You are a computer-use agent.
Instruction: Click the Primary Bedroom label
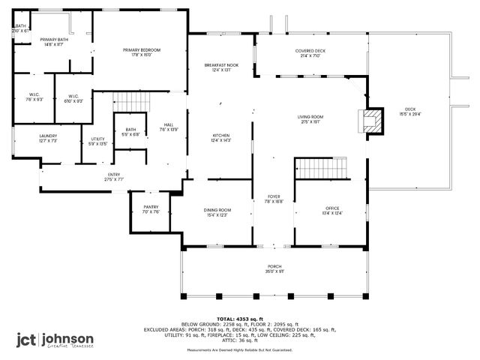tap(142, 49)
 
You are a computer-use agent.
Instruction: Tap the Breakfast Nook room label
tap(222, 65)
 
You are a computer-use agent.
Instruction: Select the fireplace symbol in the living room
tap(371, 121)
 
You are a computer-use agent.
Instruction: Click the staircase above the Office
tap(320, 168)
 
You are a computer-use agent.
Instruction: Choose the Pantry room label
tap(151, 207)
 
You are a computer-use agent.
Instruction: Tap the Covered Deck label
tap(310, 50)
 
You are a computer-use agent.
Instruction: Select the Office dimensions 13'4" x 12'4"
tap(333, 214)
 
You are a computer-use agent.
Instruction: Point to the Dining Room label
tap(217, 210)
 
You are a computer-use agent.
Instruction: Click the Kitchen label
tap(222, 135)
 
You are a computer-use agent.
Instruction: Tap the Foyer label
tap(274, 196)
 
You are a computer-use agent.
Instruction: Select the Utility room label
tap(98, 139)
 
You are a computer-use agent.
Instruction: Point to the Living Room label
tap(310, 116)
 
